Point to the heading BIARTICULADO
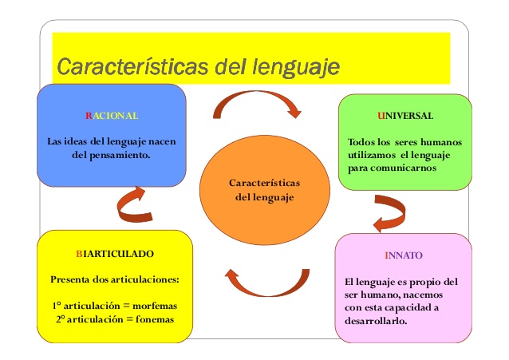point(115,253)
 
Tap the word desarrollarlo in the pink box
point(376,321)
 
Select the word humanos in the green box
point(438,142)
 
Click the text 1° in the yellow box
point(55,306)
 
